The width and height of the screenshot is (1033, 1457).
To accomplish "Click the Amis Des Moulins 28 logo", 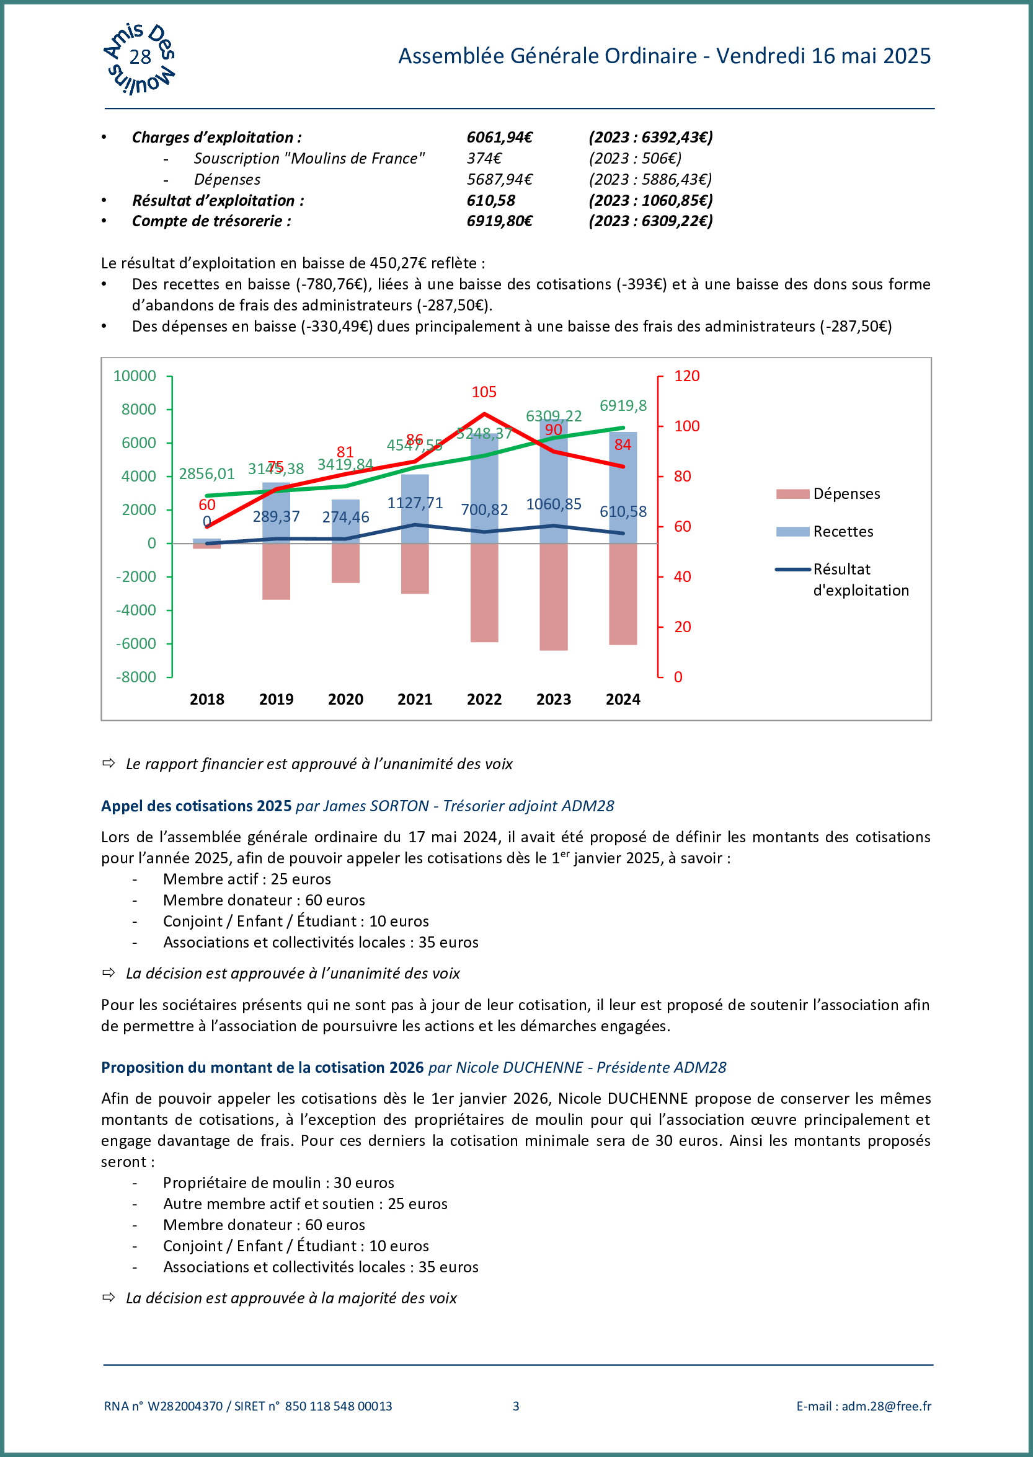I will (140, 58).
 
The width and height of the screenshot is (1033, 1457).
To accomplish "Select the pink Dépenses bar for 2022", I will (484, 592).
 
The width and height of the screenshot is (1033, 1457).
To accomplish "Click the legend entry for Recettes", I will (843, 532).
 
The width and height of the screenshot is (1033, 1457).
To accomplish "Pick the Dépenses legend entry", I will (846, 494).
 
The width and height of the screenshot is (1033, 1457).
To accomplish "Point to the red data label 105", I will (484, 392).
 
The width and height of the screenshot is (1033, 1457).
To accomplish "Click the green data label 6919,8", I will (623, 405).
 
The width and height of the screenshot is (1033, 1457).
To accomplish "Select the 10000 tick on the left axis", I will (134, 376).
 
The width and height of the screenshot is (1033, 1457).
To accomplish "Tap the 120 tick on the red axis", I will (686, 376).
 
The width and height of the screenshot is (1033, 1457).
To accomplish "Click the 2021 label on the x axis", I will (415, 699).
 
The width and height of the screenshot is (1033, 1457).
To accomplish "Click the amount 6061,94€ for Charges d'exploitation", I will (499, 138).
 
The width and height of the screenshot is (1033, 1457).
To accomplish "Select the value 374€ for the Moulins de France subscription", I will (484, 158).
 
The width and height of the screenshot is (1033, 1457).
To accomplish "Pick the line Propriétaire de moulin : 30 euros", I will (278, 1182).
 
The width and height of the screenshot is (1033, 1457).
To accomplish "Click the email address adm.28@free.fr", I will (886, 1406).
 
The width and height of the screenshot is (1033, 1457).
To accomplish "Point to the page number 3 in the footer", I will (516, 1406).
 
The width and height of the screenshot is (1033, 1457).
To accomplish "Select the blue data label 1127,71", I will (415, 503).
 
